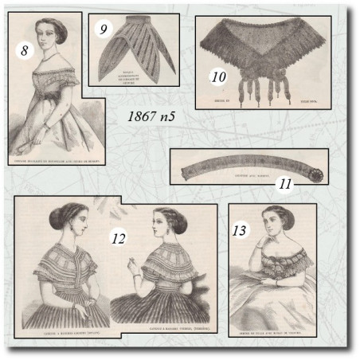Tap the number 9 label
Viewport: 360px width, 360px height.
(x=102, y=30)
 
